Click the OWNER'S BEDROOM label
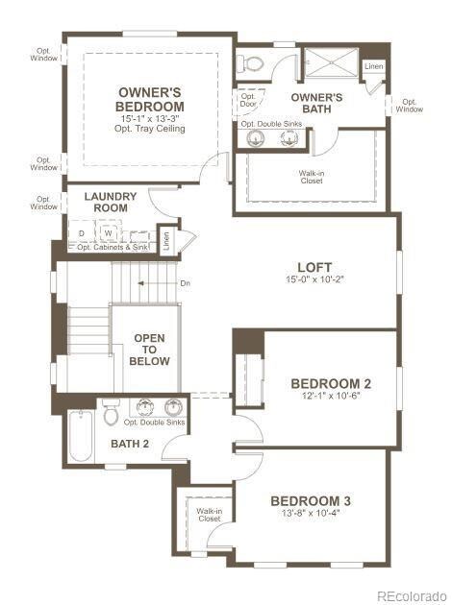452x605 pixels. pos(149,99)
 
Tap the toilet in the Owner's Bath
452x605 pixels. pos(251,63)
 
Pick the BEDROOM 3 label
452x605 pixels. pos(311,500)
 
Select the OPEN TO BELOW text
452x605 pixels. pos(151,350)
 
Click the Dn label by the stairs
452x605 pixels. pos(186,283)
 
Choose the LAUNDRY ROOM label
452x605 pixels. pos(111,202)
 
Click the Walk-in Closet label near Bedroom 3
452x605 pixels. pos(209,515)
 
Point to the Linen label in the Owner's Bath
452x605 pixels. pos(373,66)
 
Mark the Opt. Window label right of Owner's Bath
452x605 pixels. pos(409,105)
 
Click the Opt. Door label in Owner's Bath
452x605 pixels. pos(248,99)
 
